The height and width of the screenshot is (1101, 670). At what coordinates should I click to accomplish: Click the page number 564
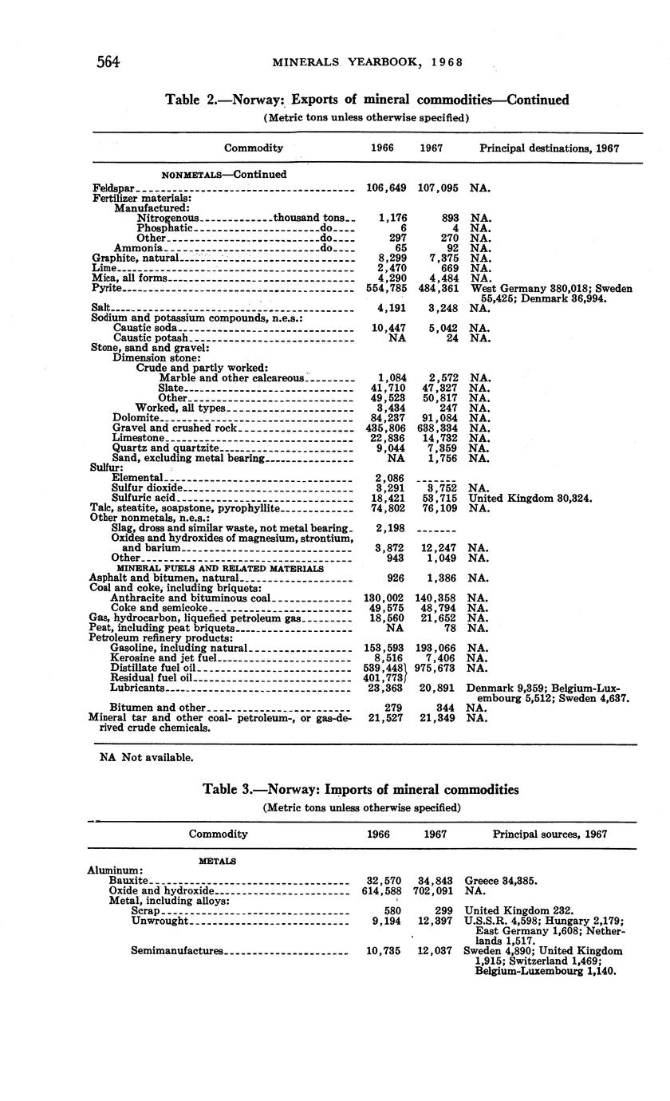click(108, 61)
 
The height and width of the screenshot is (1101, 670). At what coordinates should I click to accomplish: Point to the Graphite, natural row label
click(132, 258)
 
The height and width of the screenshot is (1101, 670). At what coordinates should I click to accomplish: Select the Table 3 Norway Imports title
click(361, 789)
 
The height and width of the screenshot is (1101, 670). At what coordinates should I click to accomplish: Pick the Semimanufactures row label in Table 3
click(177, 951)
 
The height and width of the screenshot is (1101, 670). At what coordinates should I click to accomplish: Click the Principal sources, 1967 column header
click(550, 834)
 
